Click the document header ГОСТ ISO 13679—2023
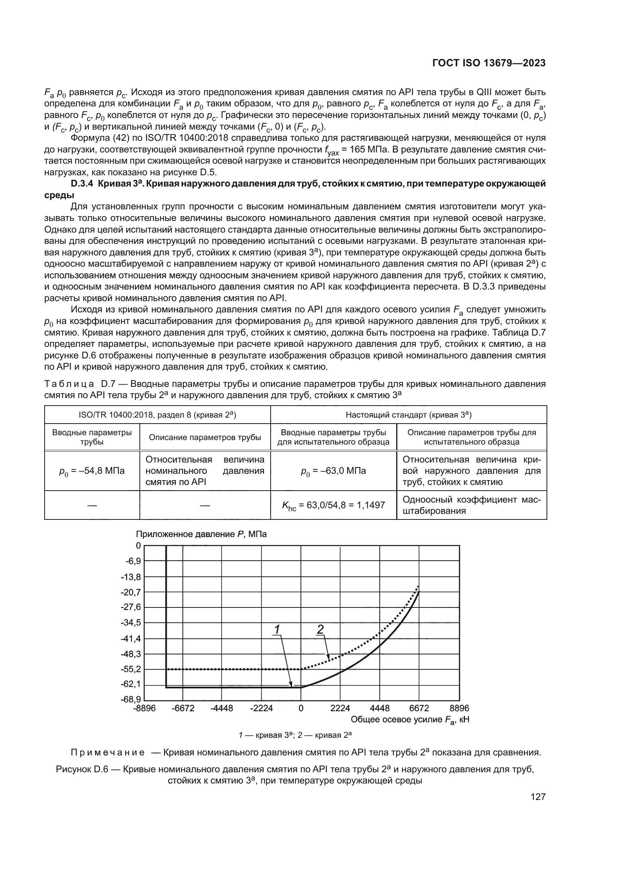[489, 63]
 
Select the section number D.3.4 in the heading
[82, 184]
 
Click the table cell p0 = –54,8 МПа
[92, 471]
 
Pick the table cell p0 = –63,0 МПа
[333, 471]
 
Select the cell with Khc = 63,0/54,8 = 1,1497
[333, 506]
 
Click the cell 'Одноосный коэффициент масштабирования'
[472, 505]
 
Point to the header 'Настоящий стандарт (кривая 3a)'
[409, 415]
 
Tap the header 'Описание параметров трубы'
[205, 437]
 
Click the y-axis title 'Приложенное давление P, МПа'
[201, 534]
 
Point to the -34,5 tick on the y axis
[131, 623]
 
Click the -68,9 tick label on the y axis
[131, 700]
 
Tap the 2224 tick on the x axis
[340, 709]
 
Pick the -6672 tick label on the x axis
[183, 709]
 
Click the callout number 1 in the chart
[277, 630]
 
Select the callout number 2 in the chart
[320, 629]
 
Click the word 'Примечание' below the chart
[108, 753]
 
